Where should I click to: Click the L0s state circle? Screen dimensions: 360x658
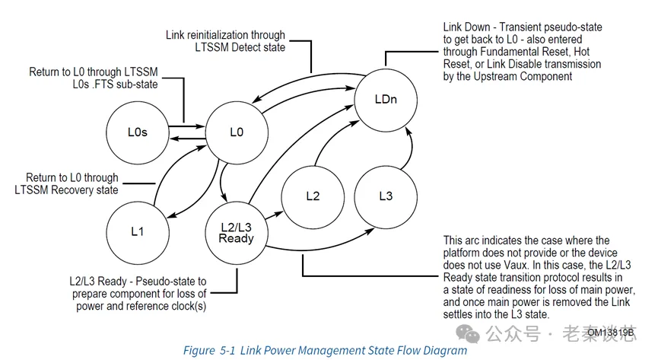coord(137,132)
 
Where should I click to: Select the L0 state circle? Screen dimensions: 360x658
coord(236,132)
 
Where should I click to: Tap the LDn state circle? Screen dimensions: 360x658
coord(386,100)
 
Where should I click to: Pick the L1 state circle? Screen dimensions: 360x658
coord(137,231)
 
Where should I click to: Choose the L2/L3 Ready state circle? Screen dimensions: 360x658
coord(236,231)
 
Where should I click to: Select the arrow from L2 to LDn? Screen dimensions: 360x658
coord(329,145)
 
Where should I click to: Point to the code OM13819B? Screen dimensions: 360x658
coord(610,333)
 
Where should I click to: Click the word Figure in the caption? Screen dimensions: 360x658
coord(199,350)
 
